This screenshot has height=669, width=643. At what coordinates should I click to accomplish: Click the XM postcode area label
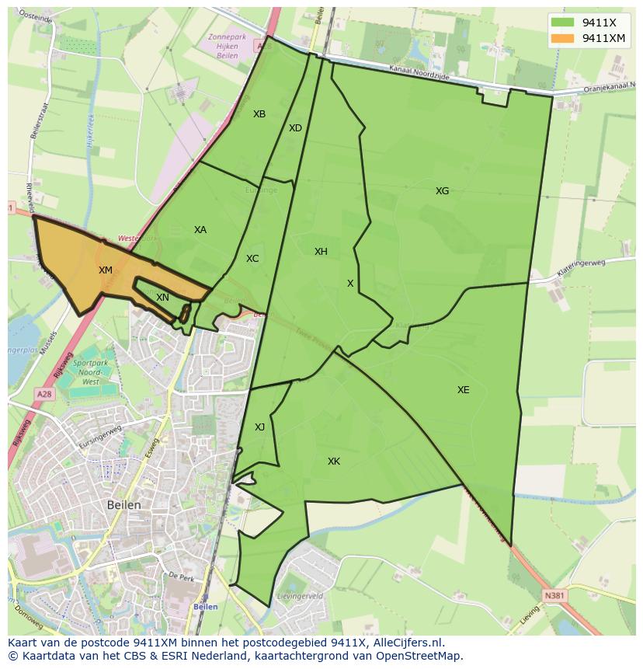(x=106, y=270)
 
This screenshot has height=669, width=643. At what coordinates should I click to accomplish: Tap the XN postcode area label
(x=162, y=298)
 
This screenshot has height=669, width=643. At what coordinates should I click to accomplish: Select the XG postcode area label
(x=442, y=190)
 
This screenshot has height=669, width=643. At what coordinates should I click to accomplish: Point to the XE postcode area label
(x=463, y=390)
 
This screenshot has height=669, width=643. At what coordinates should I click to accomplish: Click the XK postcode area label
(x=334, y=462)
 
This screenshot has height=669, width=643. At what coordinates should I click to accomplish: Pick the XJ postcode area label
(x=259, y=427)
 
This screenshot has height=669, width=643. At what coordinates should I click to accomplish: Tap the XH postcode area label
(x=321, y=252)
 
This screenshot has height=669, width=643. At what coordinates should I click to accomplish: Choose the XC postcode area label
(x=252, y=259)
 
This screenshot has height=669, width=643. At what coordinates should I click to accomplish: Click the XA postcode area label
(x=200, y=230)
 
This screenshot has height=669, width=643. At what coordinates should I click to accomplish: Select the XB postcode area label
(x=259, y=114)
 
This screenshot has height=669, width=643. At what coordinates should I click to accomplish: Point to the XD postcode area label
(x=295, y=128)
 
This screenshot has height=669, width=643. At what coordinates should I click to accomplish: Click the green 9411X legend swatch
(x=563, y=23)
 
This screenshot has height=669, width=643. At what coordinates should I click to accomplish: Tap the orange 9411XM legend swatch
(x=563, y=38)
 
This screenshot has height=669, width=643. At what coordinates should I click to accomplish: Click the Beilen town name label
(x=124, y=505)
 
